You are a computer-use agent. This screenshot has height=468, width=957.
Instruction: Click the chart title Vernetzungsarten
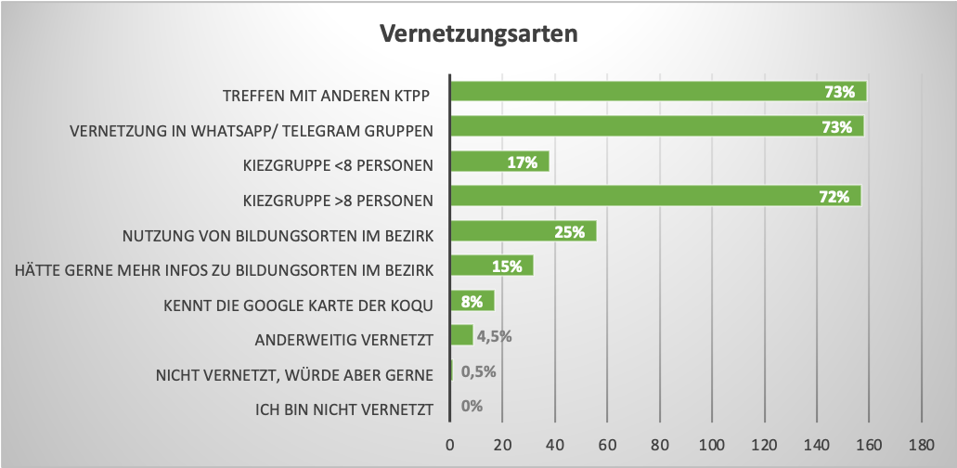(478, 34)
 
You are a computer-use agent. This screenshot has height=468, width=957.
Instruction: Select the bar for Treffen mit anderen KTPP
(657, 92)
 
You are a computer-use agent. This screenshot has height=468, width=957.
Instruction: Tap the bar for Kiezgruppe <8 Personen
(498, 162)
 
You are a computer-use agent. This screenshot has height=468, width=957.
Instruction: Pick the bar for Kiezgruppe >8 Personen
(654, 197)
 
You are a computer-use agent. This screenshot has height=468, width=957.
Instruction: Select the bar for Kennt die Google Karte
(472, 302)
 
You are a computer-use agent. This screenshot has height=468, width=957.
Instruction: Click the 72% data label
(834, 197)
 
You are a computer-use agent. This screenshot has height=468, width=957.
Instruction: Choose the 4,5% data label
(494, 336)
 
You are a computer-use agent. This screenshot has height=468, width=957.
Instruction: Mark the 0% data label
(472, 406)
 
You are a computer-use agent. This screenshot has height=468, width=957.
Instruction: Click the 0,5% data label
(479, 371)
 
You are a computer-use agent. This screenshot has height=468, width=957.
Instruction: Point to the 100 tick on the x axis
(712, 445)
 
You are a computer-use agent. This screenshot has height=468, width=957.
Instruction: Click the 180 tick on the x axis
(921, 445)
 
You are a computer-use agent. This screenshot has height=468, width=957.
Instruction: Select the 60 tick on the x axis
(607, 445)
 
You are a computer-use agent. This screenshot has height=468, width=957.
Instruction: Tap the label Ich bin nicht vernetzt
(344, 409)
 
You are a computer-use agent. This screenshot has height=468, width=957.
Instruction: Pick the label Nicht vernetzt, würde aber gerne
(294, 374)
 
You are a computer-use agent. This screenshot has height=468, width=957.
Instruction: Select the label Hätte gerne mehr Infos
(225, 269)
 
